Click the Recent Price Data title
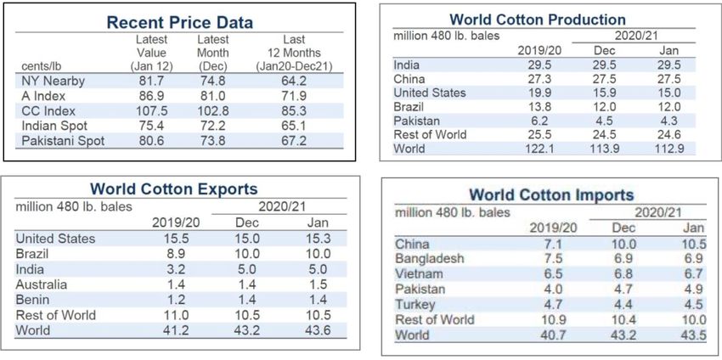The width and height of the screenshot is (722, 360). [x=179, y=23]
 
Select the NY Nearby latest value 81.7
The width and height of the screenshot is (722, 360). [x=151, y=81]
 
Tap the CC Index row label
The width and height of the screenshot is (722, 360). [x=50, y=110]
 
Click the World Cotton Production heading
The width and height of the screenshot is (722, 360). [x=538, y=19]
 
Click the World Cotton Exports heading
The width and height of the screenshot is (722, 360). [x=174, y=188]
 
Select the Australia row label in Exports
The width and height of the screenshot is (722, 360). [x=43, y=284]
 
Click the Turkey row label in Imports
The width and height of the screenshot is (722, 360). [x=415, y=304]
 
